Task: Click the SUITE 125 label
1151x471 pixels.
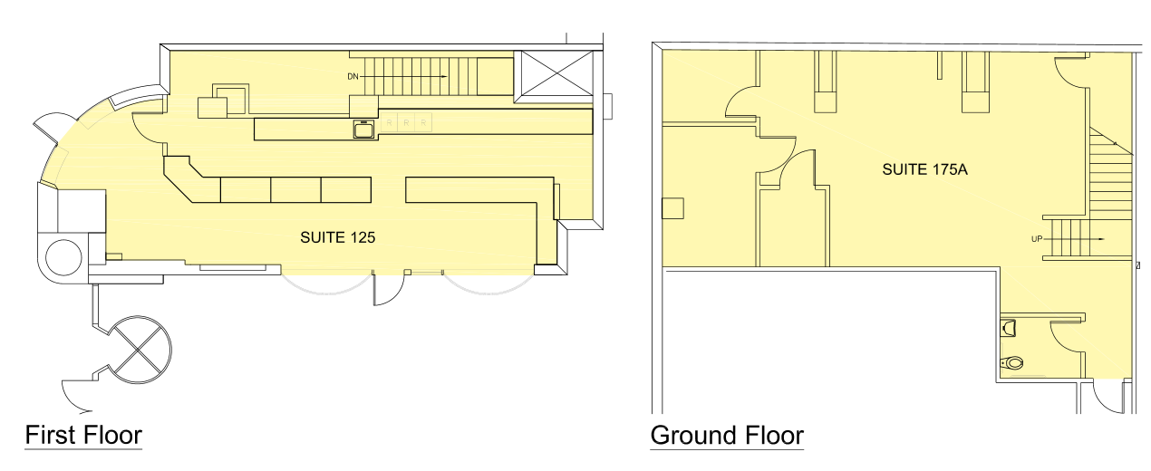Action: point(337,237)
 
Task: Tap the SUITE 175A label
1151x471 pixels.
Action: point(925,169)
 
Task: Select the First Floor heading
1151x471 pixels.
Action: point(83,435)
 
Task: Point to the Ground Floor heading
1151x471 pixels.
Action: point(727,435)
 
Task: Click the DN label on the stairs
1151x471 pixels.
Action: point(353,76)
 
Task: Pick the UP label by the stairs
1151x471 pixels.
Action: point(1037,239)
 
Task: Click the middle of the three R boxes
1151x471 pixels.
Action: point(406,123)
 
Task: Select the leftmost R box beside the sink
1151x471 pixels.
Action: point(390,123)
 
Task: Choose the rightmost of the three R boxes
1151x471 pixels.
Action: point(423,123)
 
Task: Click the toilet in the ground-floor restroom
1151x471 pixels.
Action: point(1011,363)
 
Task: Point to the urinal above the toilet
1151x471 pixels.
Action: point(1009,328)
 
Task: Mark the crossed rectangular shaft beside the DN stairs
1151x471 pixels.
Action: point(557,73)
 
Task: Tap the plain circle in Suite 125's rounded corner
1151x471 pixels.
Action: point(64,257)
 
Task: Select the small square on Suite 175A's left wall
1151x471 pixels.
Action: point(672,208)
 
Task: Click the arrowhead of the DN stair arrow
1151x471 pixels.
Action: point(444,76)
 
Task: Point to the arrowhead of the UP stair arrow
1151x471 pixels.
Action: point(1102,239)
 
